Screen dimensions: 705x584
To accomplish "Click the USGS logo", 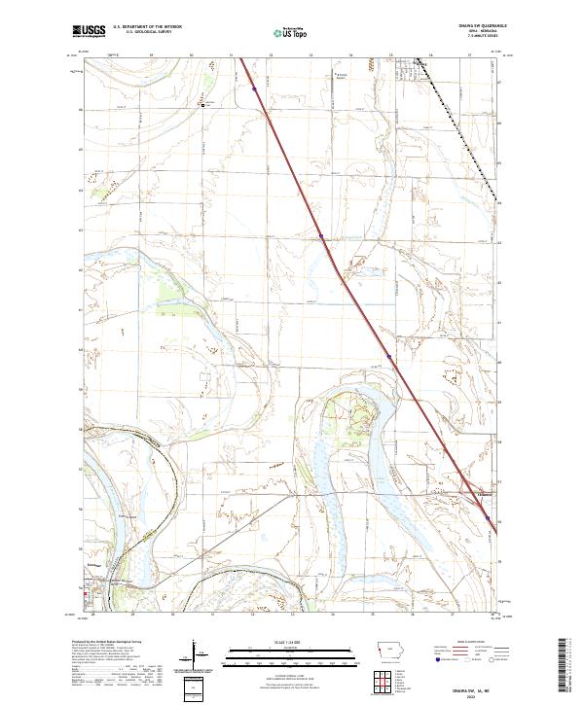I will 89,31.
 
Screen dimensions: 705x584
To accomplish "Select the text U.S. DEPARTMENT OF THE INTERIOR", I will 147,26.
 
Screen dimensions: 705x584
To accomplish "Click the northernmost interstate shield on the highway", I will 254,88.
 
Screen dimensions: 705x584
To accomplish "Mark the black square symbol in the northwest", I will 202,105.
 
